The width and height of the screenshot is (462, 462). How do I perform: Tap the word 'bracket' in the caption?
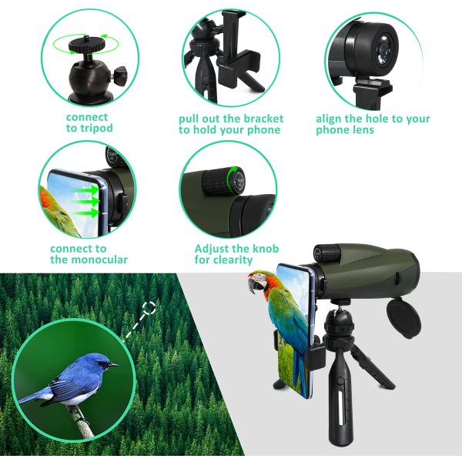pos(263,119)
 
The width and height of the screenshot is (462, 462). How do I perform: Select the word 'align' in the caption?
pos(329,119)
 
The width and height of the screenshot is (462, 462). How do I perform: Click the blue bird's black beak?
pos(113,365)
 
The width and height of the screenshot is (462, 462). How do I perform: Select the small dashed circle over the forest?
pos(149,308)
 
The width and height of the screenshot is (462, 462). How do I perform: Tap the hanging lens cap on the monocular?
pos(404,317)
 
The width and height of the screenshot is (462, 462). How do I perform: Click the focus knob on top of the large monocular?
pos(327,253)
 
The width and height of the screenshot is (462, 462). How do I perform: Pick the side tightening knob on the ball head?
pos(120,75)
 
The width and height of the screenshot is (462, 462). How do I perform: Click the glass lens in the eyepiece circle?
pos(385,50)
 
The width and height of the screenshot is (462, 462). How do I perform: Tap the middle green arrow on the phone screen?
pos(86,202)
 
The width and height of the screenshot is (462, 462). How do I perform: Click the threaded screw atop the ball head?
pos(87,38)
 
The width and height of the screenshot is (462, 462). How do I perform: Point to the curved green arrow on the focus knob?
pos(232,179)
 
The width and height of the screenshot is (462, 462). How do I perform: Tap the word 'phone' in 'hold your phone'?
pos(263,130)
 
